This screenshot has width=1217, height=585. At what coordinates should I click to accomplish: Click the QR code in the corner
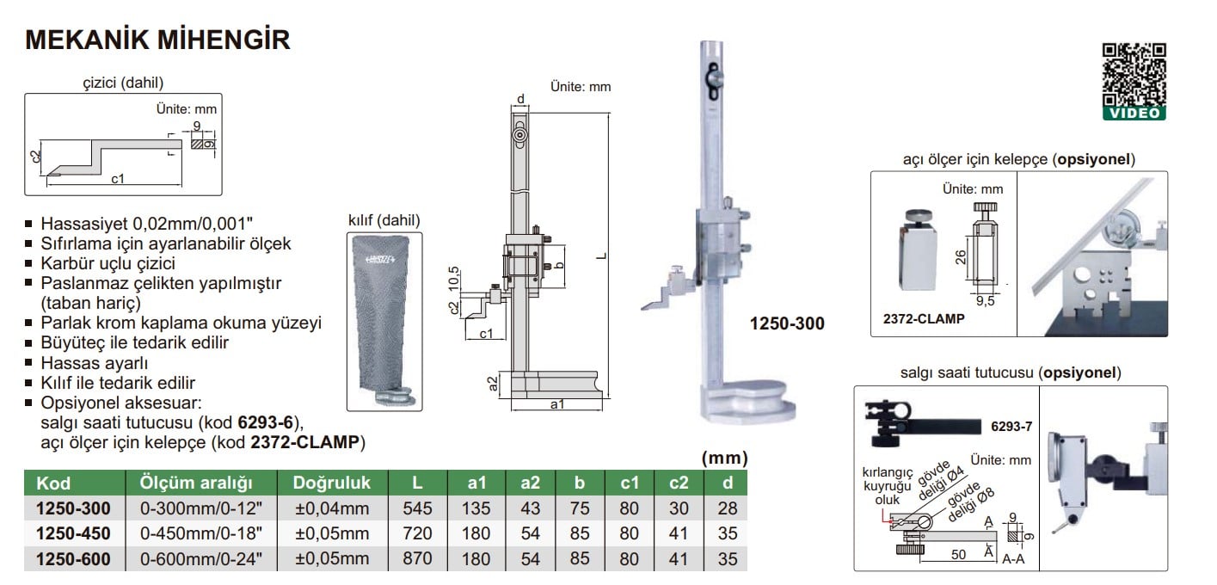pos(1134,75)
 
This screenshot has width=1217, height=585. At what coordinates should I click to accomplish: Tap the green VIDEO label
pos(1134,114)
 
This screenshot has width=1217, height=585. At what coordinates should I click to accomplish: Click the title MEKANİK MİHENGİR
pos(157,40)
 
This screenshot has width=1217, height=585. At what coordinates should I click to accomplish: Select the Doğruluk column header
pos(331,483)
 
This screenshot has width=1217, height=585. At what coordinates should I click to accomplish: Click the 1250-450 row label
pos(73,533)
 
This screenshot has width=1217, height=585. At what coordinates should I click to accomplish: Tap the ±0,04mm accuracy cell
pos(331,508)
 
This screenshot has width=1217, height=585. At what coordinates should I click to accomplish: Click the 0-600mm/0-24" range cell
pos(200,559)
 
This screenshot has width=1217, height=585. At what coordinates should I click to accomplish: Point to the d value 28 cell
pos(727,508)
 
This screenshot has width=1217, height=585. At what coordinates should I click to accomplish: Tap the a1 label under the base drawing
pos(556,404)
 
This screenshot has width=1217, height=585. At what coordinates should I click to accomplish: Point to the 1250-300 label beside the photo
pos(786,323)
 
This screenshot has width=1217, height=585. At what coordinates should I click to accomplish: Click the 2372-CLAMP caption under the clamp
pos(923,318)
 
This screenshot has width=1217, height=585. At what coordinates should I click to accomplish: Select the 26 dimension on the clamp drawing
pos(960,257)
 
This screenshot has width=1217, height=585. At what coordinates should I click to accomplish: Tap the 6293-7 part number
pos(1010,427)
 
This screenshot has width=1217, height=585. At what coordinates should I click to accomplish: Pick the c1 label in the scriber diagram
pos(118,180)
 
